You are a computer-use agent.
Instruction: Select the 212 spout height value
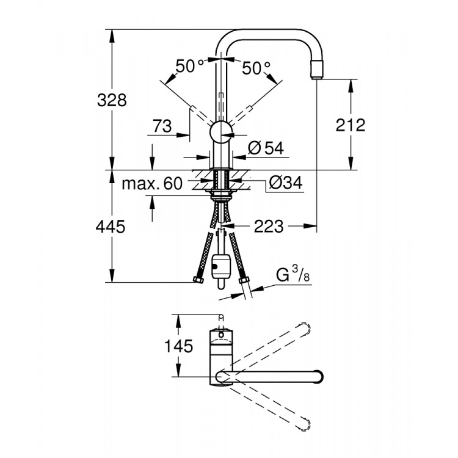click(x=350, y=125)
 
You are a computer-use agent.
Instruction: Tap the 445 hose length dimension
click(x=111, y=227)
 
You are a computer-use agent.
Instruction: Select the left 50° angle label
click(x=190, y=67)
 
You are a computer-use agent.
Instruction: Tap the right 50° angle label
click(x=256, y=68)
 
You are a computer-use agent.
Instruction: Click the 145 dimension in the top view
click(x=178, y=346)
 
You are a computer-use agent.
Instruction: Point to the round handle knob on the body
click(x=221, y=131)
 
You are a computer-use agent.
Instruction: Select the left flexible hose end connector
click(x=198, y=280)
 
